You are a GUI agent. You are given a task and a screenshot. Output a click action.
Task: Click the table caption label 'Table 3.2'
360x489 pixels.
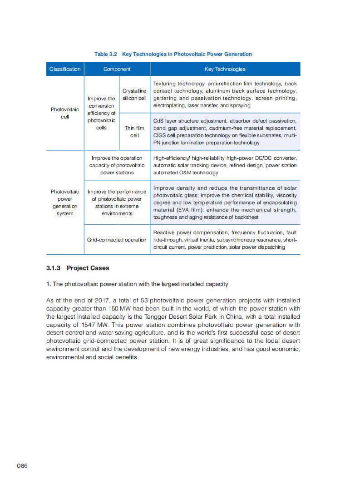pos(106,54)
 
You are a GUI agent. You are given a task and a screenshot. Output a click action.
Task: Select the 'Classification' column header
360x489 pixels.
pos(65,69)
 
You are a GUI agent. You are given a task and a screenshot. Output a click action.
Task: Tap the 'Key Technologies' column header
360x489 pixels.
pos(225,69)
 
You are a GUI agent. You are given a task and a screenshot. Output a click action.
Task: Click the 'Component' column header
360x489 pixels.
pos(117,69)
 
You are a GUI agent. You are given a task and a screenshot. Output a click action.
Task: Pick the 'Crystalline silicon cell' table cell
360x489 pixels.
pos(134,94)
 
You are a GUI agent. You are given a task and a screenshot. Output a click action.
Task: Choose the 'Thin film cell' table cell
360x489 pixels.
pos(134,132)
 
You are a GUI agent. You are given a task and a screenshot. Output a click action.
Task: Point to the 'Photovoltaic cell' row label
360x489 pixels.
pos(65,113)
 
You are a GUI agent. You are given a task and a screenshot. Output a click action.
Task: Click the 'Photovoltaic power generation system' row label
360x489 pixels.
pos(65,203)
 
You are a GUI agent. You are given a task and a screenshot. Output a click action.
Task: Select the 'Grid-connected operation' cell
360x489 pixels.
pos(117,240)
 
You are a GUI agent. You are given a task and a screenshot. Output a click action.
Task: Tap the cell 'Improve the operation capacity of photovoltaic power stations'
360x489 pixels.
pos(117,165)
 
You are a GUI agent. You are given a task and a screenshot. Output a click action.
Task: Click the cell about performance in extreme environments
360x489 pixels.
pos(117,203)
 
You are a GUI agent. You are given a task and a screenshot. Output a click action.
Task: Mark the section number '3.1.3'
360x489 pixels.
pos(54,268)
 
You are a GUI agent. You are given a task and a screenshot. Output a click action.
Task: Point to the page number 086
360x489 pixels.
pos(22,466)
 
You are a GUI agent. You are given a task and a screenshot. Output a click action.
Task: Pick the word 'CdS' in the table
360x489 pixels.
pos(159,121)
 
